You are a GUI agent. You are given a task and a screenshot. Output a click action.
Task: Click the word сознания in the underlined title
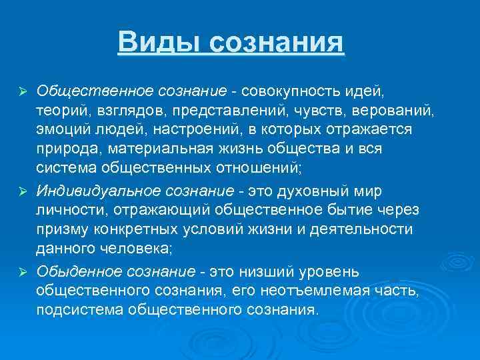point(277,42)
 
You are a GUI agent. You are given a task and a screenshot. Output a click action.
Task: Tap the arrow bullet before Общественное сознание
point(22,90)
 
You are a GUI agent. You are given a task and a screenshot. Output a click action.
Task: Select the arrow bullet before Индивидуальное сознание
point(22,192)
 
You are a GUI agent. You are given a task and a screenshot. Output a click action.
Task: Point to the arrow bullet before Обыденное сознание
point(22,272)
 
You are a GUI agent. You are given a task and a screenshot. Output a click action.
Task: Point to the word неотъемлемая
point(340,291)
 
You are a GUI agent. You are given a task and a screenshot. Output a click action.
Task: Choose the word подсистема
point(79,311)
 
